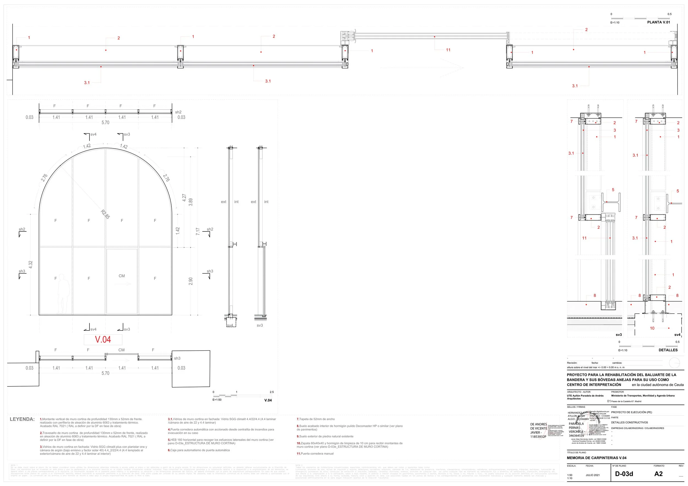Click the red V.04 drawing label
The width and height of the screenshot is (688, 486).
coord(103,339)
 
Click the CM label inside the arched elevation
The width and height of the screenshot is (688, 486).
coord(122,276)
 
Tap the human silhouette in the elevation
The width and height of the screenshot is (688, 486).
coord(63,294)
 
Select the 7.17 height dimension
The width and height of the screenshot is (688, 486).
coord(198,231)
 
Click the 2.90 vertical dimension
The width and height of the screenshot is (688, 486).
coord(191,281)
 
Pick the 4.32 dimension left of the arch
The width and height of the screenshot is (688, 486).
coord(31,264)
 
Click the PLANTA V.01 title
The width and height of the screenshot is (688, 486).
coord(658,22)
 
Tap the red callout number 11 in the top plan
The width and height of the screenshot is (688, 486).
coord(448,50)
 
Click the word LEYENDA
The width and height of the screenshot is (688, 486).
coord(22,419)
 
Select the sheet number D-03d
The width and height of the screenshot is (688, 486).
coord(624,474)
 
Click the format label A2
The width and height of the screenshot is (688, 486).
coord(658,474)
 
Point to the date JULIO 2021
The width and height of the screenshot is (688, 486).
coord(593,475)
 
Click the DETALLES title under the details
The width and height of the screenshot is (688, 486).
coord(668,350)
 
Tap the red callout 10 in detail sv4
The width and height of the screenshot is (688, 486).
coord(652,328)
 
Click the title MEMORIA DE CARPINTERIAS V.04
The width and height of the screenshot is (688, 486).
coord(596,458)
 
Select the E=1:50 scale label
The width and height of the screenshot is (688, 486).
coord(217,399)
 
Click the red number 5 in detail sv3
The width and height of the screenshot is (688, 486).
coord(613,190)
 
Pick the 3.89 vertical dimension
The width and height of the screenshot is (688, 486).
coord(191,202)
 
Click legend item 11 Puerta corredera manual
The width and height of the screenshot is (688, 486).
coord(315,454)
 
